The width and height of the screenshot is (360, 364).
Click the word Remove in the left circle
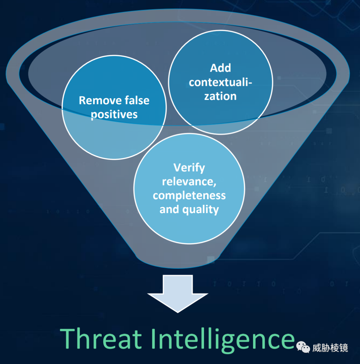point(100,100)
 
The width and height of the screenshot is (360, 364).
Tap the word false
point(137,100)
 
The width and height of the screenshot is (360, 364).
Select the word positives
point(114,115)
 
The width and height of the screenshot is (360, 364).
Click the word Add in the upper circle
point(220,68)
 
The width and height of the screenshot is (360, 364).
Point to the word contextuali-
point(220,82)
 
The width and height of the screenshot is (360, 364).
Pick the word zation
point(220,96)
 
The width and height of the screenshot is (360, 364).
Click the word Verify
point(189,168)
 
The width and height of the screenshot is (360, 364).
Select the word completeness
point(189,196)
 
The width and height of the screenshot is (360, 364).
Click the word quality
point(201,210)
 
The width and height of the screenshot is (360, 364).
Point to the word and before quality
point(169,209)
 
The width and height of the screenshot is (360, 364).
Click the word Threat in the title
point(101,338)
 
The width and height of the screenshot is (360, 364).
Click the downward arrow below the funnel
point(178,294)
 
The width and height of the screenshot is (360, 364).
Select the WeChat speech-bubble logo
point(303,347)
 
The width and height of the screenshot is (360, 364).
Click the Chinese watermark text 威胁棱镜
point(330,348)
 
